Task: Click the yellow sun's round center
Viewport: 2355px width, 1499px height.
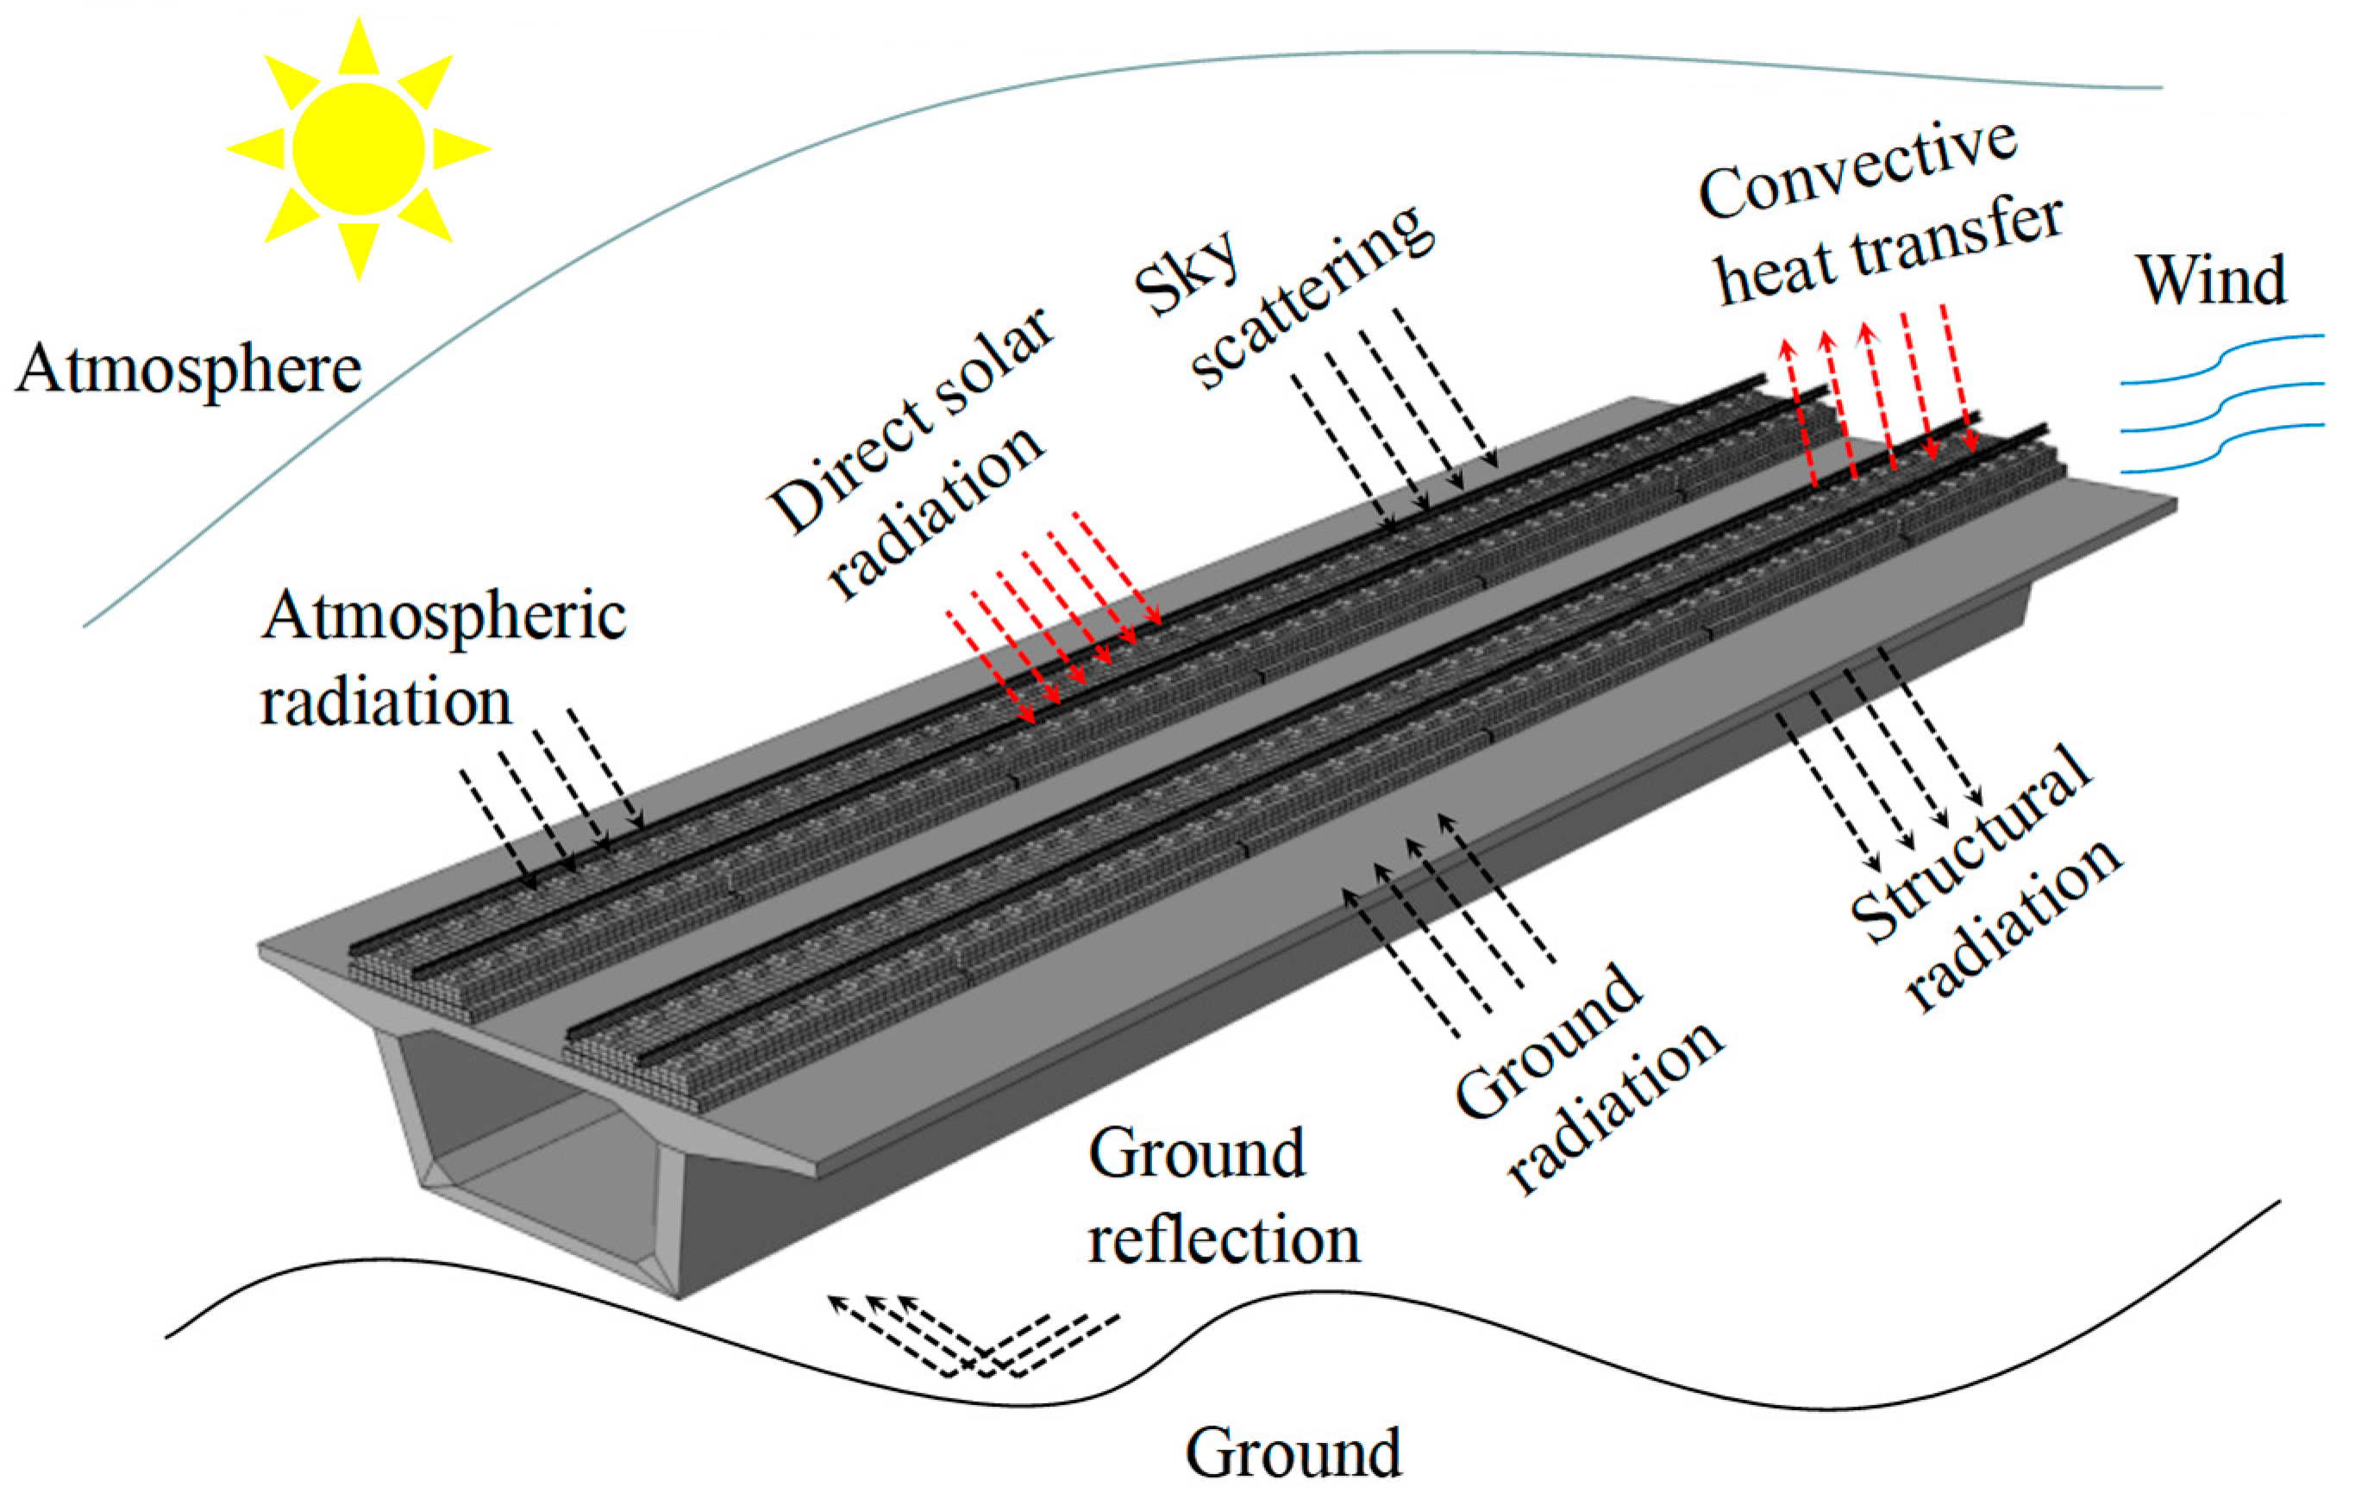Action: (358, 148)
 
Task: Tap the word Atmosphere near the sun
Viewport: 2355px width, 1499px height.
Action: (189, 371)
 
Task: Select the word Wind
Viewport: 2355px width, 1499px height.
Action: (2212, 282)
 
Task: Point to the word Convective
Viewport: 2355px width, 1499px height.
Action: (1858, 182)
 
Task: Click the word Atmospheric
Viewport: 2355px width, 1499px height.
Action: (443, 616)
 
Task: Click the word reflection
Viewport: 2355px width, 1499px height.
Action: (1224, 1240)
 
